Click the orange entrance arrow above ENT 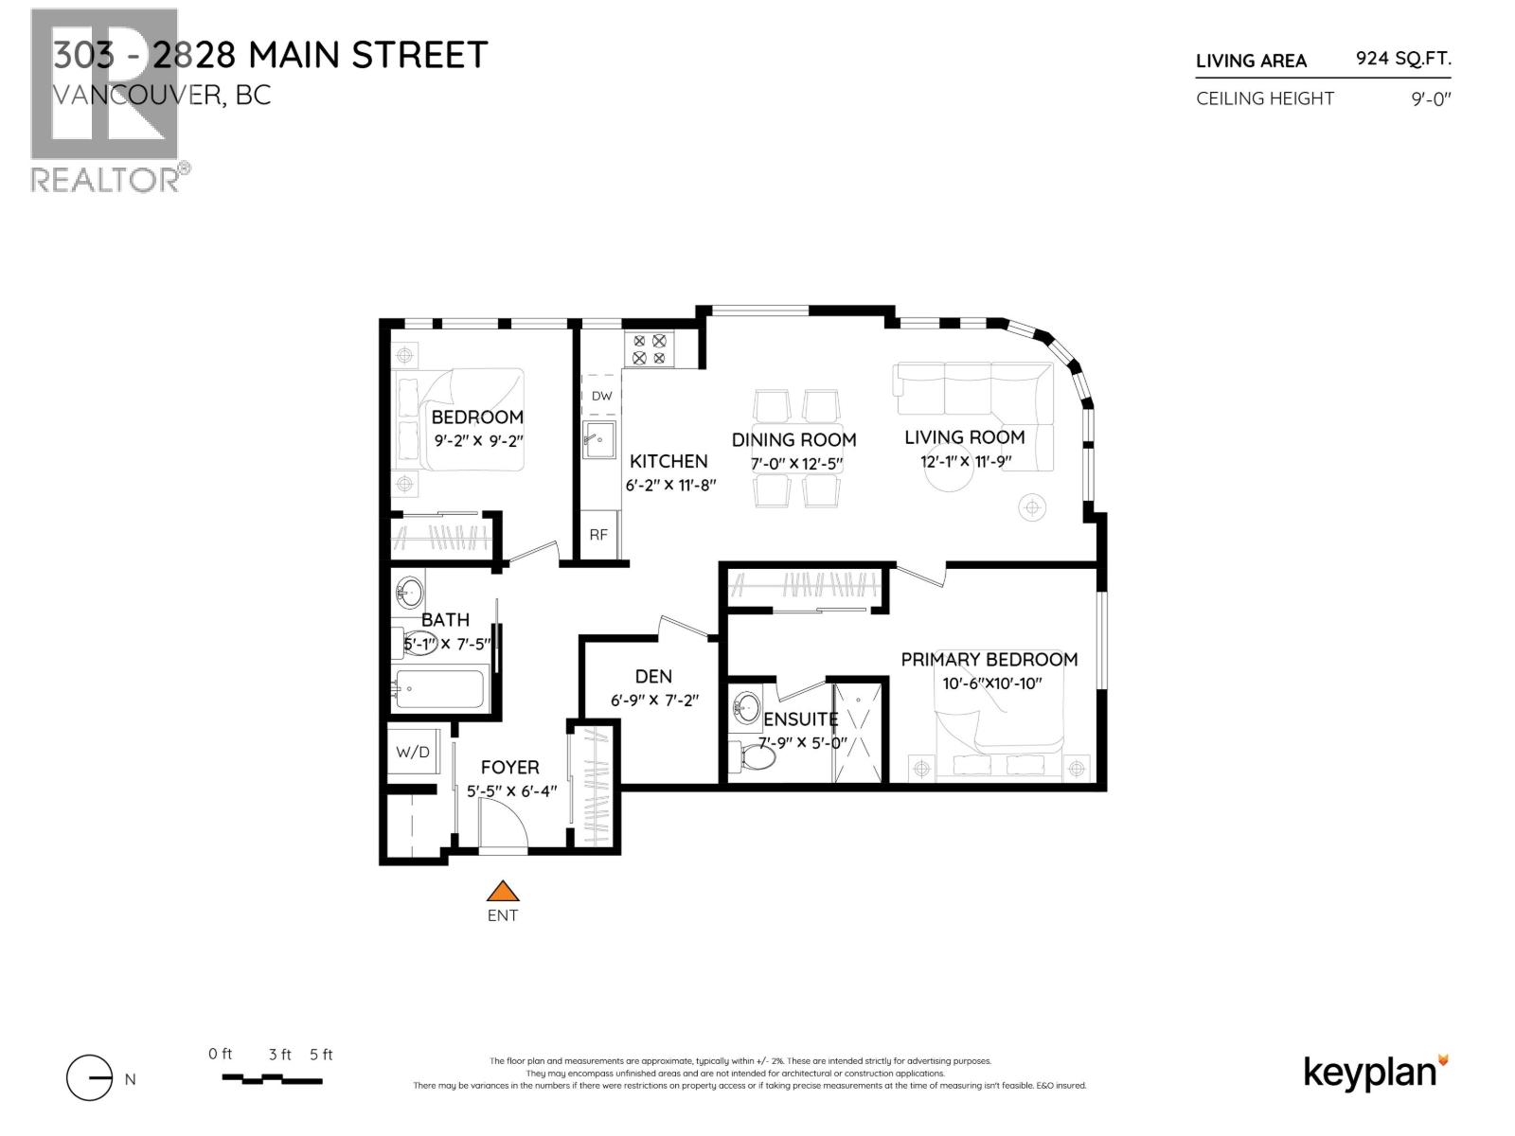(503, 891)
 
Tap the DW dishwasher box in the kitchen (601, 396)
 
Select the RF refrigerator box (598, 535)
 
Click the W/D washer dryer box (412, 753)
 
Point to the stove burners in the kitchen (649, 349)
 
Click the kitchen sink (598, 440)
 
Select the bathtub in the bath (440, 688)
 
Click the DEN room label (653, 676)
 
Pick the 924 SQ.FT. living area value (1403, 59)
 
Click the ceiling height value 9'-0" (1431, 98)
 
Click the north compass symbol (90, 1078)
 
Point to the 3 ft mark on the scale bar (279, 1055)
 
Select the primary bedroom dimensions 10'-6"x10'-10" (991, 683)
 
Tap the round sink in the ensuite (748, 706)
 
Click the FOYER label (509, 767)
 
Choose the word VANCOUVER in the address (134, 96)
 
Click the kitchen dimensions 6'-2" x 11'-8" (669, 485)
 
